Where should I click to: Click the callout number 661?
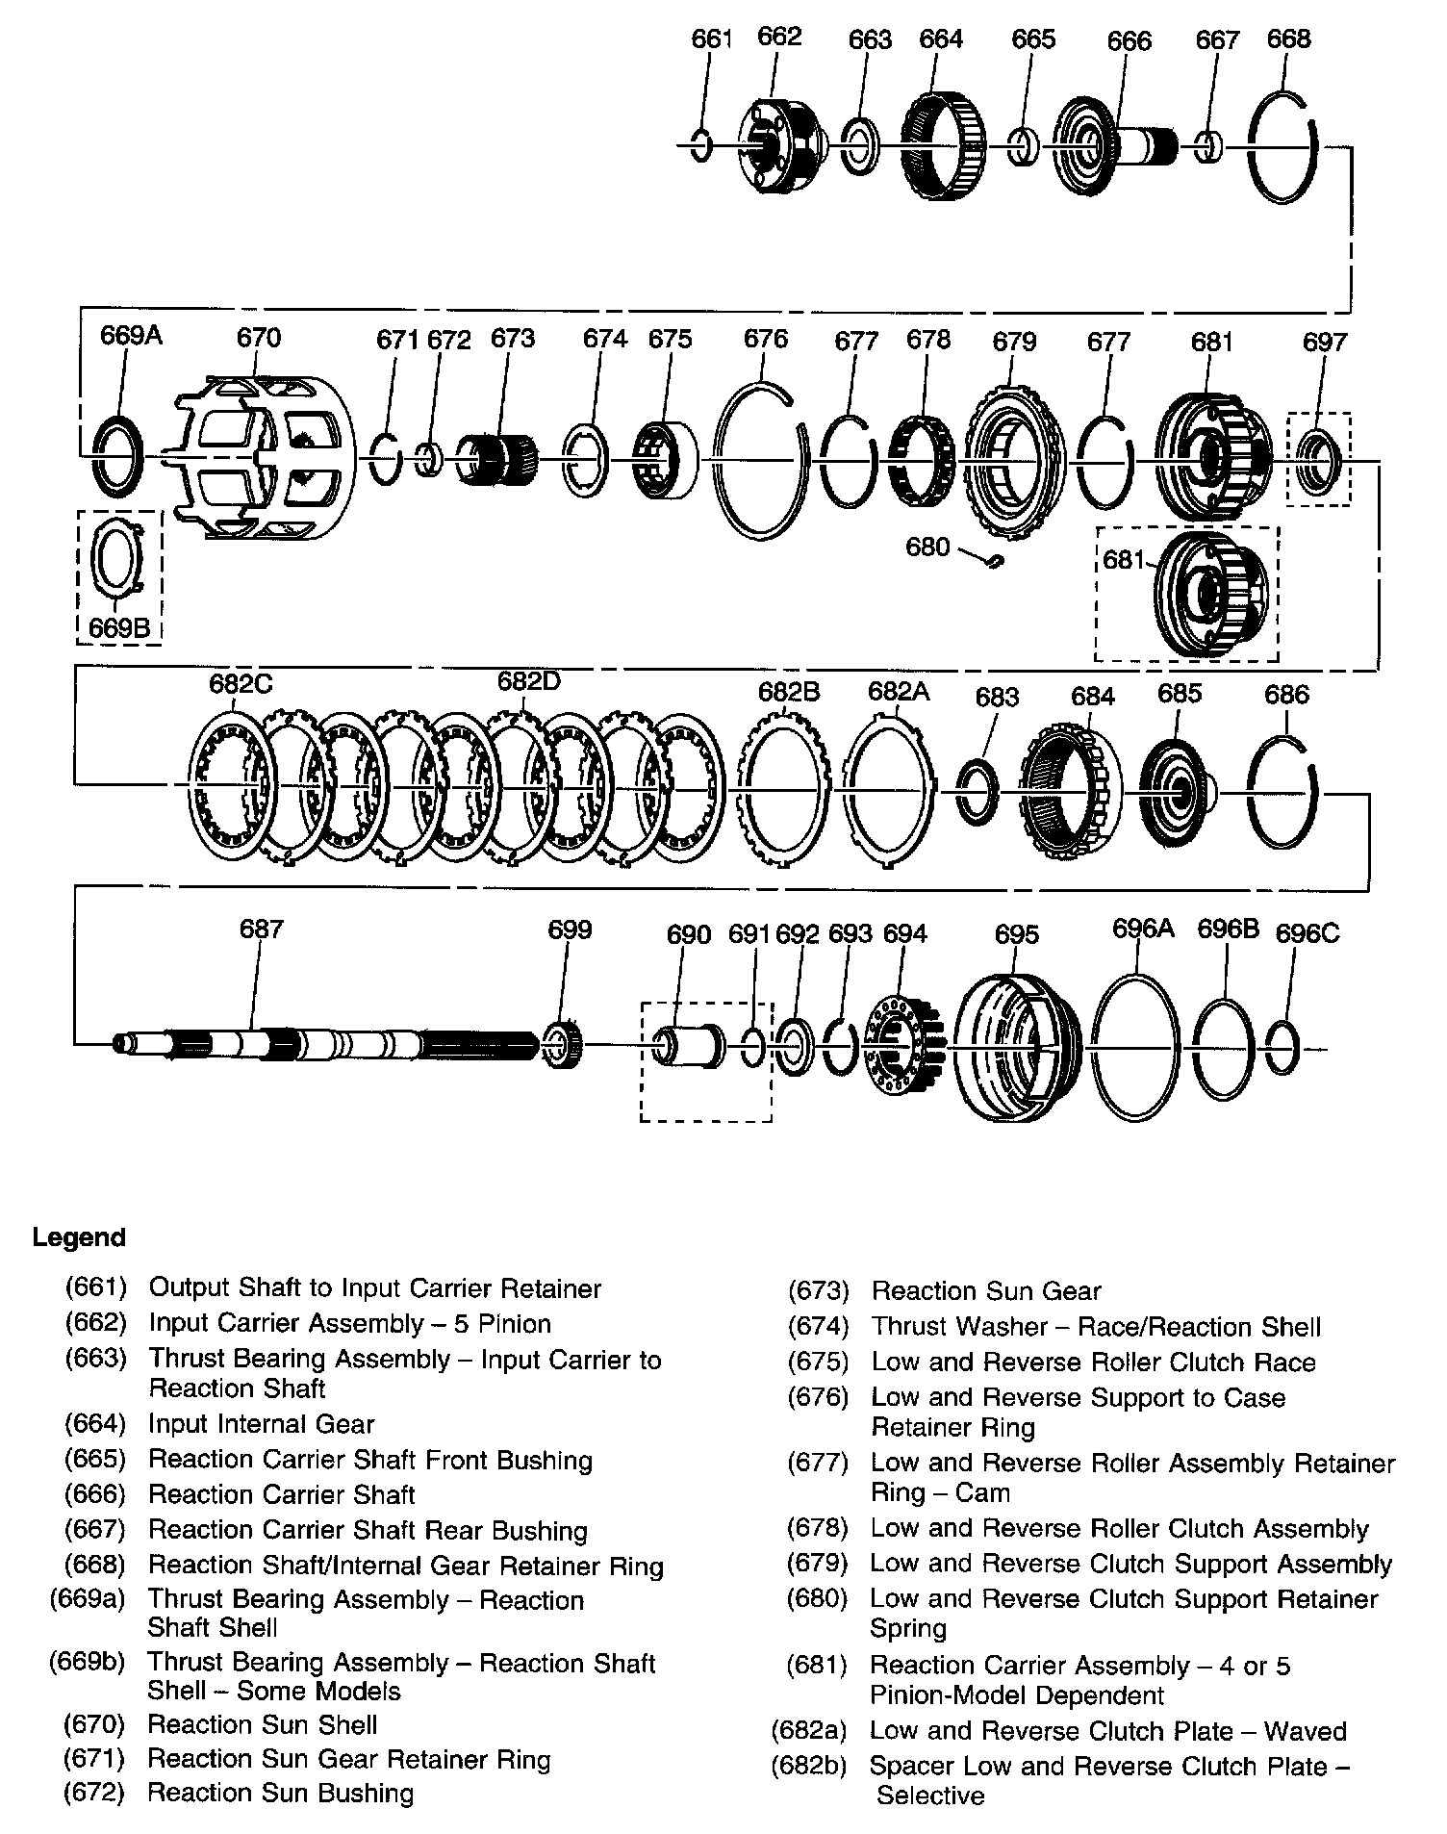click(712, 39)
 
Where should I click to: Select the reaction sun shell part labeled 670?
click(266, 456)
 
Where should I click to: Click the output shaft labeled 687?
click(327, 1044)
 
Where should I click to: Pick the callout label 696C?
click(1307, 933)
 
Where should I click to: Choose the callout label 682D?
click(528, 681)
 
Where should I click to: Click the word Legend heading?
click(79, 1237)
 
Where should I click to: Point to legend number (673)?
click(818, 1291)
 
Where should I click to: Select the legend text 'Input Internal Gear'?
click(261, 1424)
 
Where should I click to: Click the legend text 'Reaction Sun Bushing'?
click(281, 1794)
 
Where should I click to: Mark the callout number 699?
click(570, 930)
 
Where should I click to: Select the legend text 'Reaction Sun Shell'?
click(262, 1724)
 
